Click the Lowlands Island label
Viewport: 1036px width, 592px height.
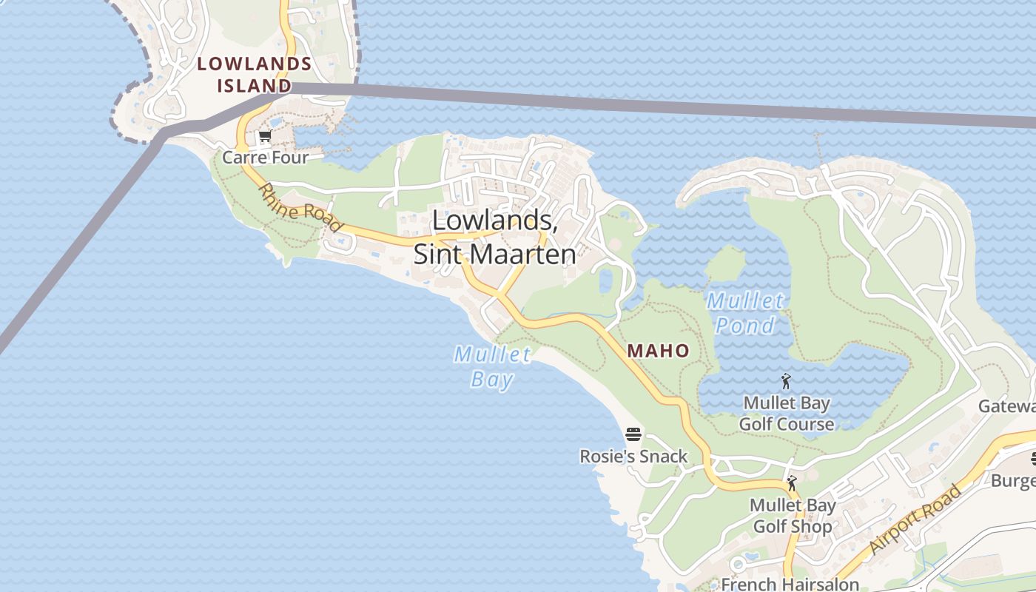[x=254, y=75]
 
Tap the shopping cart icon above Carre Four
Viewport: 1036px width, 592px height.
[x=265, y=137]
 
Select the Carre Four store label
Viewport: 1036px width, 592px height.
[x=265, y=157]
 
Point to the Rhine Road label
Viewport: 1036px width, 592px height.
[x=300, y=208]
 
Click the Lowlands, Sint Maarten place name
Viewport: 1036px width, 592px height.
[x=494, y=237]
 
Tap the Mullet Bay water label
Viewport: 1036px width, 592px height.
[x=492, y=367]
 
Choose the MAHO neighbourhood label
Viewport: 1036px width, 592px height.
[x=659, y=351]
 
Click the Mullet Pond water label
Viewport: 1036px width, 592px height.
[x=744, y=313]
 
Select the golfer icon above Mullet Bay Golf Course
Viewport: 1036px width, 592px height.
[x=786, y=382]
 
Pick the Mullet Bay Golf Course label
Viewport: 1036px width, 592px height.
[x=786, y=414]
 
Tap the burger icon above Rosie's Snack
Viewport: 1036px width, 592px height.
[x=633, y=434]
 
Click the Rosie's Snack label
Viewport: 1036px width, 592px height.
[x=633, y=457]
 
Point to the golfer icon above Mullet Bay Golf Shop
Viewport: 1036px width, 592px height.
[x=792, y=484]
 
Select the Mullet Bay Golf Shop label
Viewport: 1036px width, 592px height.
[x=793, y=516]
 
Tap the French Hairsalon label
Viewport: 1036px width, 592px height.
[x=790, y=584]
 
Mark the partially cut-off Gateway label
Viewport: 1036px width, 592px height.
[x=1007, y=406]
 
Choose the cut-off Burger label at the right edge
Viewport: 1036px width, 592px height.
[x=1013, y=481]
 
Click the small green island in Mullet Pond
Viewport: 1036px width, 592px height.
[x=725, y=263]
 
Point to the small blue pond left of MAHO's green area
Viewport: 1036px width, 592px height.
[x=605, y=280]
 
